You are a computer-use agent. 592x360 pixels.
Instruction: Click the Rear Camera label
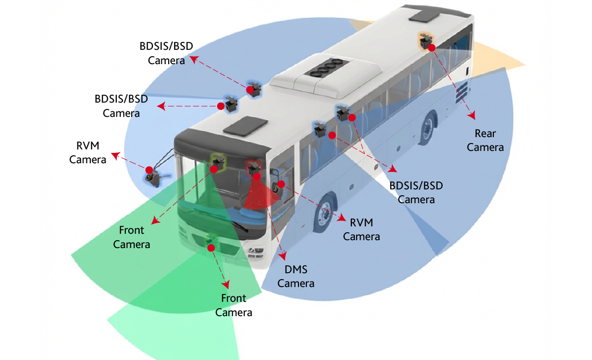coord(485,141)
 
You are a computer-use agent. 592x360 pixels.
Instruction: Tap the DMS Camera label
coord(296,276)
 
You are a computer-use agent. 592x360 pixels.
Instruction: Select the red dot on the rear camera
coord(431,48)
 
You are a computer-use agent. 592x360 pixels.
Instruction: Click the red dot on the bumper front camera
coord(211,248)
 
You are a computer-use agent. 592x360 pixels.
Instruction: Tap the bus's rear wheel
coord(428,128)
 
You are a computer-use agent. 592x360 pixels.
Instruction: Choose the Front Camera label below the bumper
coord(234,305)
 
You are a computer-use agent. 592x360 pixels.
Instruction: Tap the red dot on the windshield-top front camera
coord(214,169)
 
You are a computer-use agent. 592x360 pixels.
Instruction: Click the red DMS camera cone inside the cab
coord(258,195)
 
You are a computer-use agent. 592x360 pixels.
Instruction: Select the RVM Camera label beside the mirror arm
coord(88,152)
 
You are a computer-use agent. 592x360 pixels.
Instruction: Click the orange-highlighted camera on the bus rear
coord(425,40)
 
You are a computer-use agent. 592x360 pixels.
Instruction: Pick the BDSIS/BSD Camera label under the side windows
coord(416,192)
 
